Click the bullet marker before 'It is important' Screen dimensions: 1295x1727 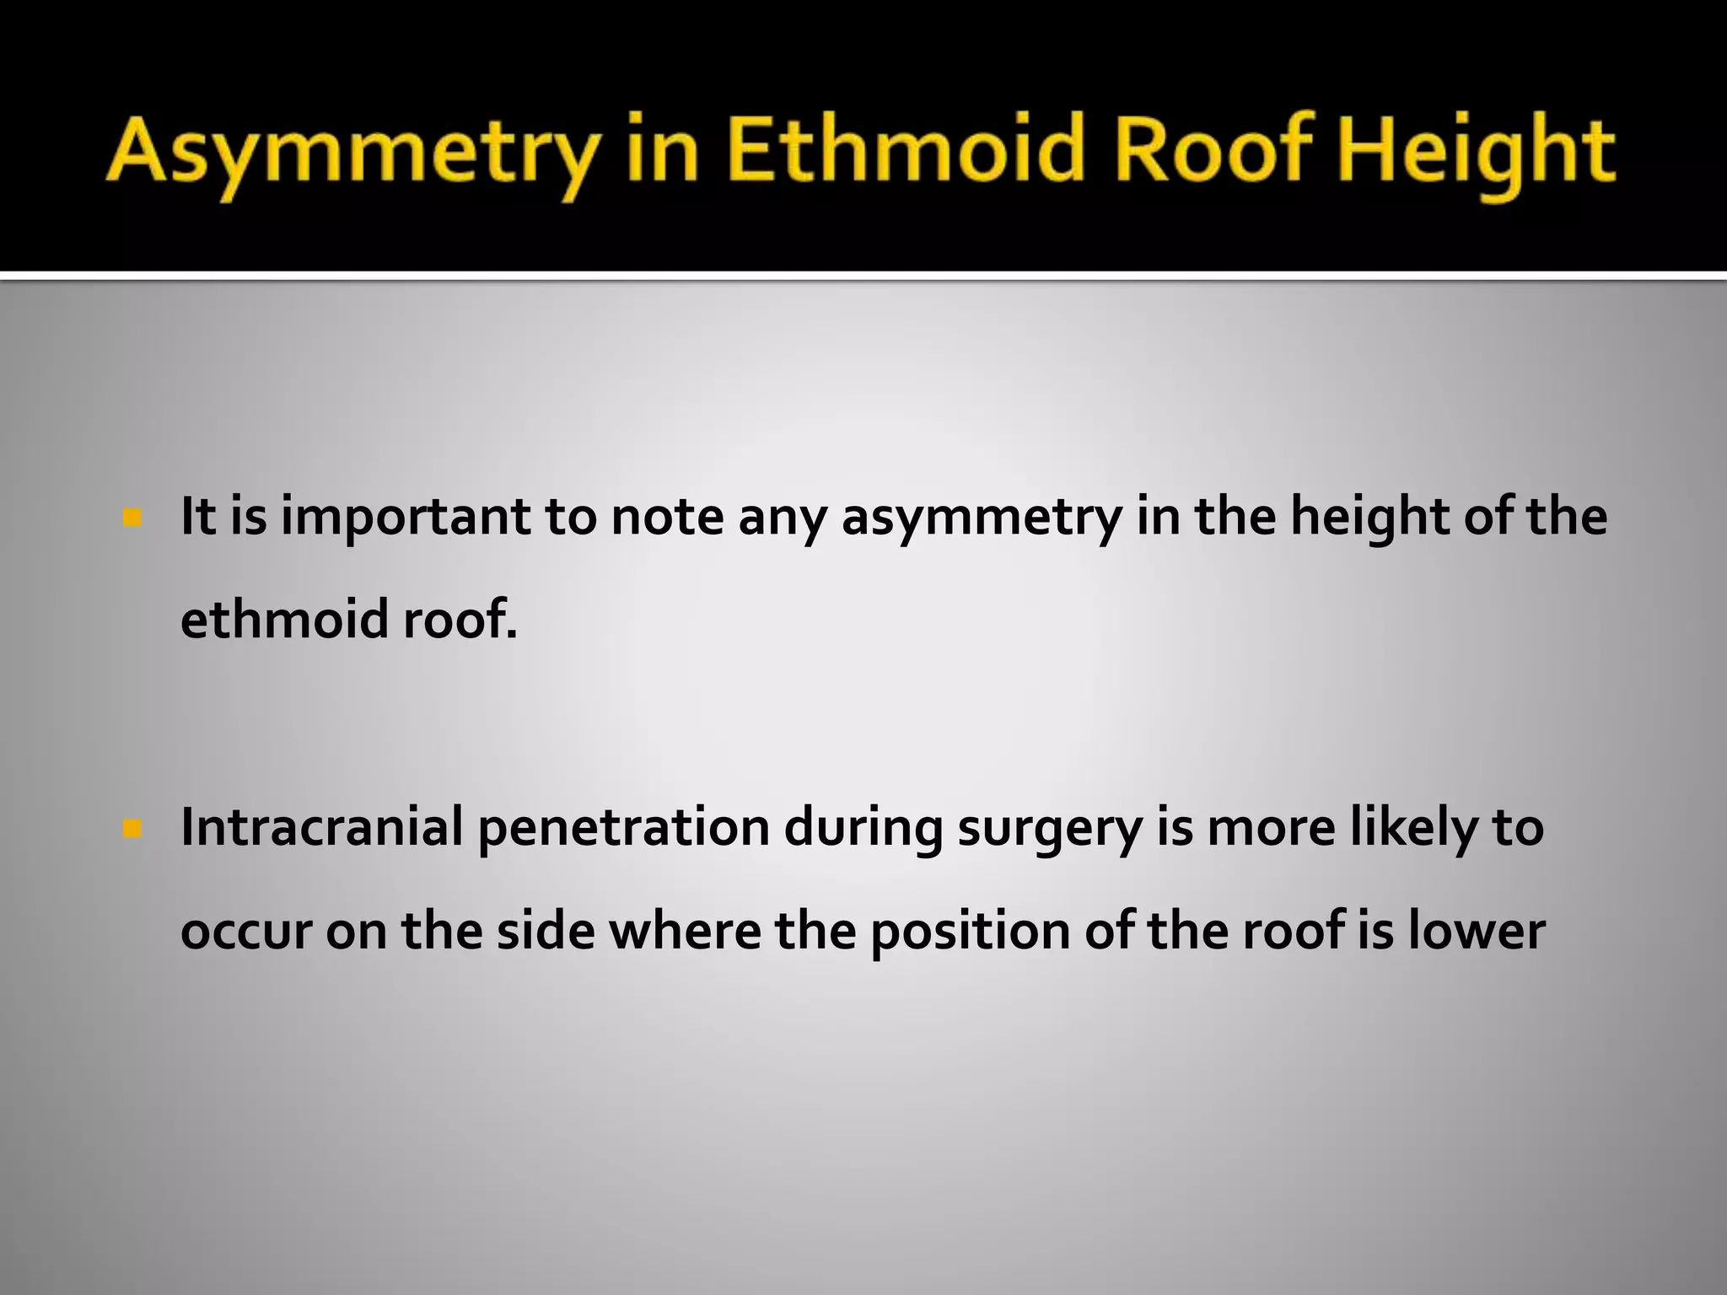point(132,517)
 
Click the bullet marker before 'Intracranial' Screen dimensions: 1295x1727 point(132,830)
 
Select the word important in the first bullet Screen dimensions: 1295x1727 point(405,519)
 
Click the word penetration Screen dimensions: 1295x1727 point(624,829)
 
